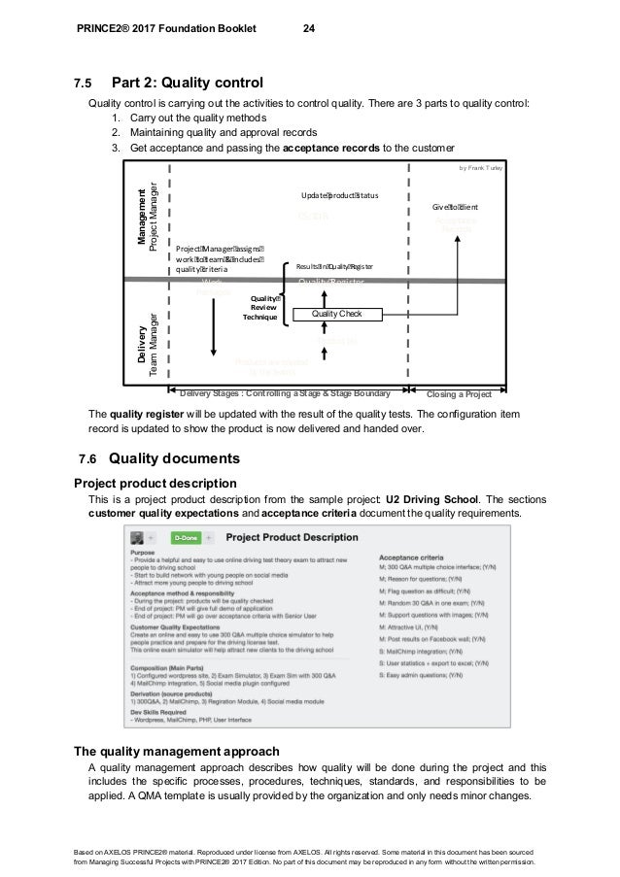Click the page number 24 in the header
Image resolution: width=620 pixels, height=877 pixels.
pyautogui.click(x=308, y=28)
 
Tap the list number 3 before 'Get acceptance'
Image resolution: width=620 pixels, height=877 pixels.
pyautogui.click(x=115, y=147)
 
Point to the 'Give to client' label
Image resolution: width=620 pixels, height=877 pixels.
pyautogui.click(x=455, y=207)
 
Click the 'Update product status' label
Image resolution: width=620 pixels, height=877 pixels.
pyautogui.click(x=339, y=195)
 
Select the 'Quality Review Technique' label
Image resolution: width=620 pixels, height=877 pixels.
pyautogui.click(x=263, y=308)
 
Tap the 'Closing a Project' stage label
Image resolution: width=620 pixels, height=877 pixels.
pyautogui.click(x=460, y=393)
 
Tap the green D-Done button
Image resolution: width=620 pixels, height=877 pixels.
pyautogui.click(x=185, y=536)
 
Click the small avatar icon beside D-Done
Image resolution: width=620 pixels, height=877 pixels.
pyautogui.click(x=138, y=536)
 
